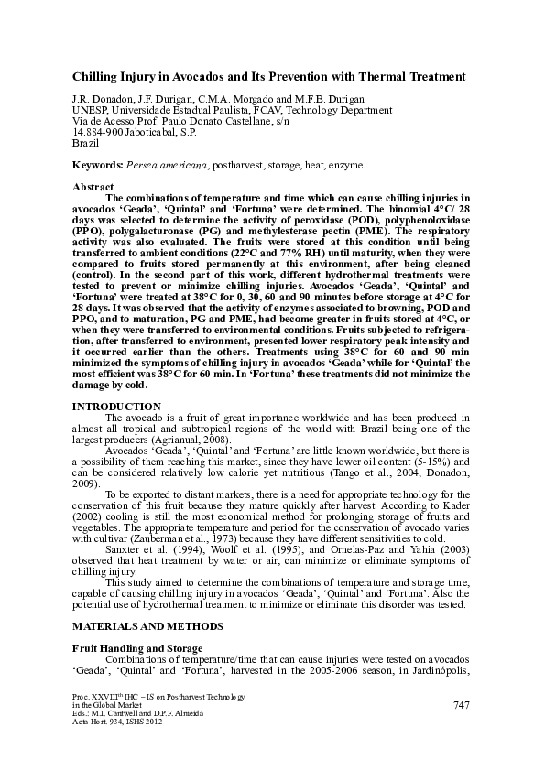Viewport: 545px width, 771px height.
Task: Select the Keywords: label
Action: [98, 165]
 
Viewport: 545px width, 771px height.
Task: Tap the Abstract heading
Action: [93, 187]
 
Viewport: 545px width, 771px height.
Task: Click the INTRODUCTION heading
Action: [117, 406]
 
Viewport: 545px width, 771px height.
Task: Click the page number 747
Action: [462, 703]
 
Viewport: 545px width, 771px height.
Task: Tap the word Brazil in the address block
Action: [85, 143]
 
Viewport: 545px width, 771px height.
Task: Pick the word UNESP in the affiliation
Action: [88, 110]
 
